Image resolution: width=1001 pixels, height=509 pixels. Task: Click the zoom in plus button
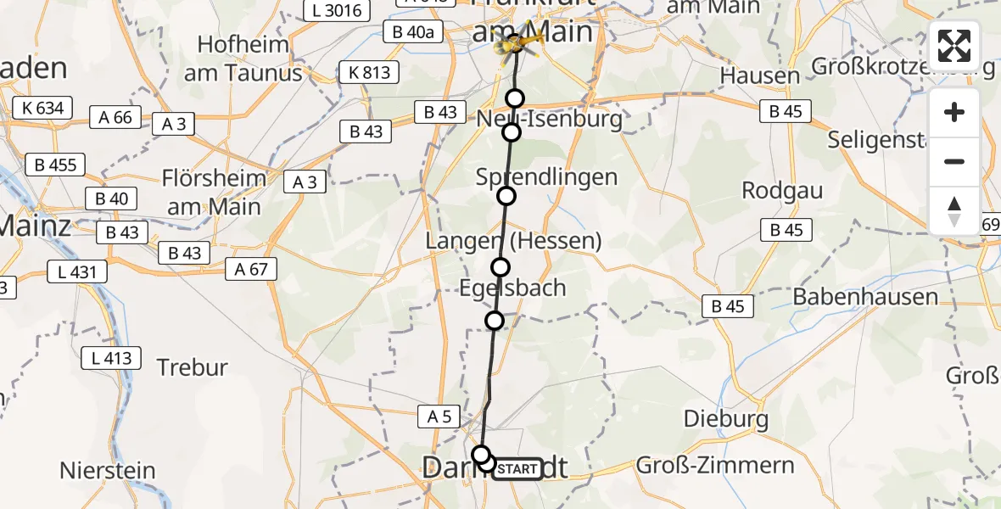(x=954, y=113)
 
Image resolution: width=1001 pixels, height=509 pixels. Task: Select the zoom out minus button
(x=954, y=161)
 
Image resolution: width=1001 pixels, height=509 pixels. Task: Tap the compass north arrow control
(x=954, y=210)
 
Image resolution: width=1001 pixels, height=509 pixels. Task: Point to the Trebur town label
(x=193, y=367)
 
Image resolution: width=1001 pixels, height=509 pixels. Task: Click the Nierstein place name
(x=108, y=470)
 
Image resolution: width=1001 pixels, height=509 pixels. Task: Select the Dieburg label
(x=713, y=418)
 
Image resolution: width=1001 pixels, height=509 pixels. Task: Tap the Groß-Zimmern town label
(x=715, y=465)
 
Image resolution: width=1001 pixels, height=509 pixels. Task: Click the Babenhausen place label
(x=865, y=297)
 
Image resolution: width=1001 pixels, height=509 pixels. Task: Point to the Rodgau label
(x=782, y=190)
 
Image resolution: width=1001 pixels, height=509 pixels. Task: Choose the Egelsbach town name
(x=512, y=288)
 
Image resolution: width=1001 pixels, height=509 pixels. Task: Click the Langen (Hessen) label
(x=514, y=241)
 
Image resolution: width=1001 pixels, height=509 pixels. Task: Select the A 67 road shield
(x=251, y=270)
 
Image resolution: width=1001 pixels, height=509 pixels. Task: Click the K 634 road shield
(x=42, y=108)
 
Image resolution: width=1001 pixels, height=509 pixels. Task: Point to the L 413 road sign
(x=112, y=358)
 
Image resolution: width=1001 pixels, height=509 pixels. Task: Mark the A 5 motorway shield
(x=439, y=416)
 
